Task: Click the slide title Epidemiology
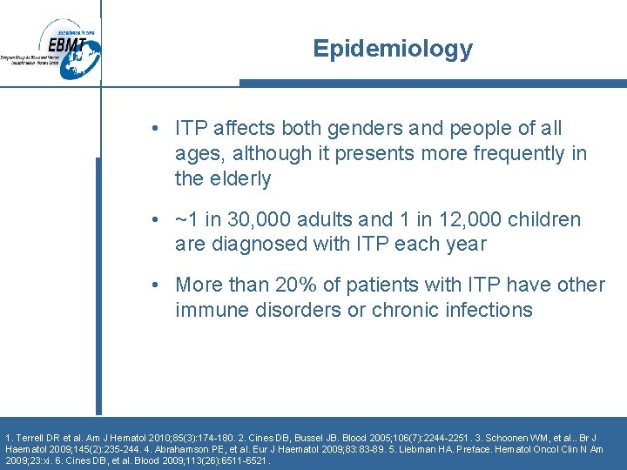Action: [393, 49]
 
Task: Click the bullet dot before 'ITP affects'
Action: [153, 129]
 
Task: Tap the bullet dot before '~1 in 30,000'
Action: [153, 219]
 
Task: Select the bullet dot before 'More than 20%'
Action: [153, 285]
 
